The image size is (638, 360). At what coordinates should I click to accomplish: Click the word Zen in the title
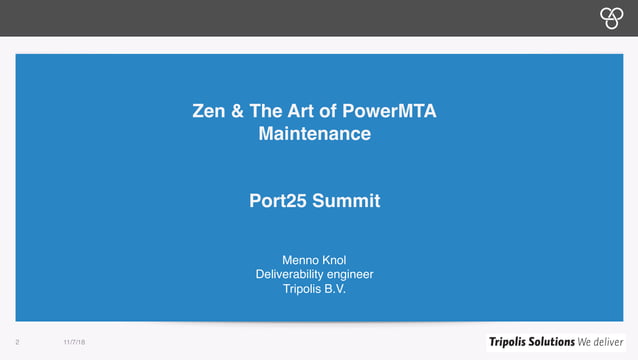point(208,111)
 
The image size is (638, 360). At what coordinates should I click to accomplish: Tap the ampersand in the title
point(237,111)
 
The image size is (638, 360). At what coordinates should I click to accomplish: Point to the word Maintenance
point(315,132)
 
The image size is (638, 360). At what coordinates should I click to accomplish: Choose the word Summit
point(346,201)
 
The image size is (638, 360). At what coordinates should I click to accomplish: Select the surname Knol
point(337,259)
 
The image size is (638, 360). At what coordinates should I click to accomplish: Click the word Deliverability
point(291,275)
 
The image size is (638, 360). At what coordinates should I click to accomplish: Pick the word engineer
point(351,275)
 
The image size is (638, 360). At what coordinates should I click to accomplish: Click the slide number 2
point(18,341)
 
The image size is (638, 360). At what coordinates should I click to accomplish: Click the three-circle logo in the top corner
point(610,16)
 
